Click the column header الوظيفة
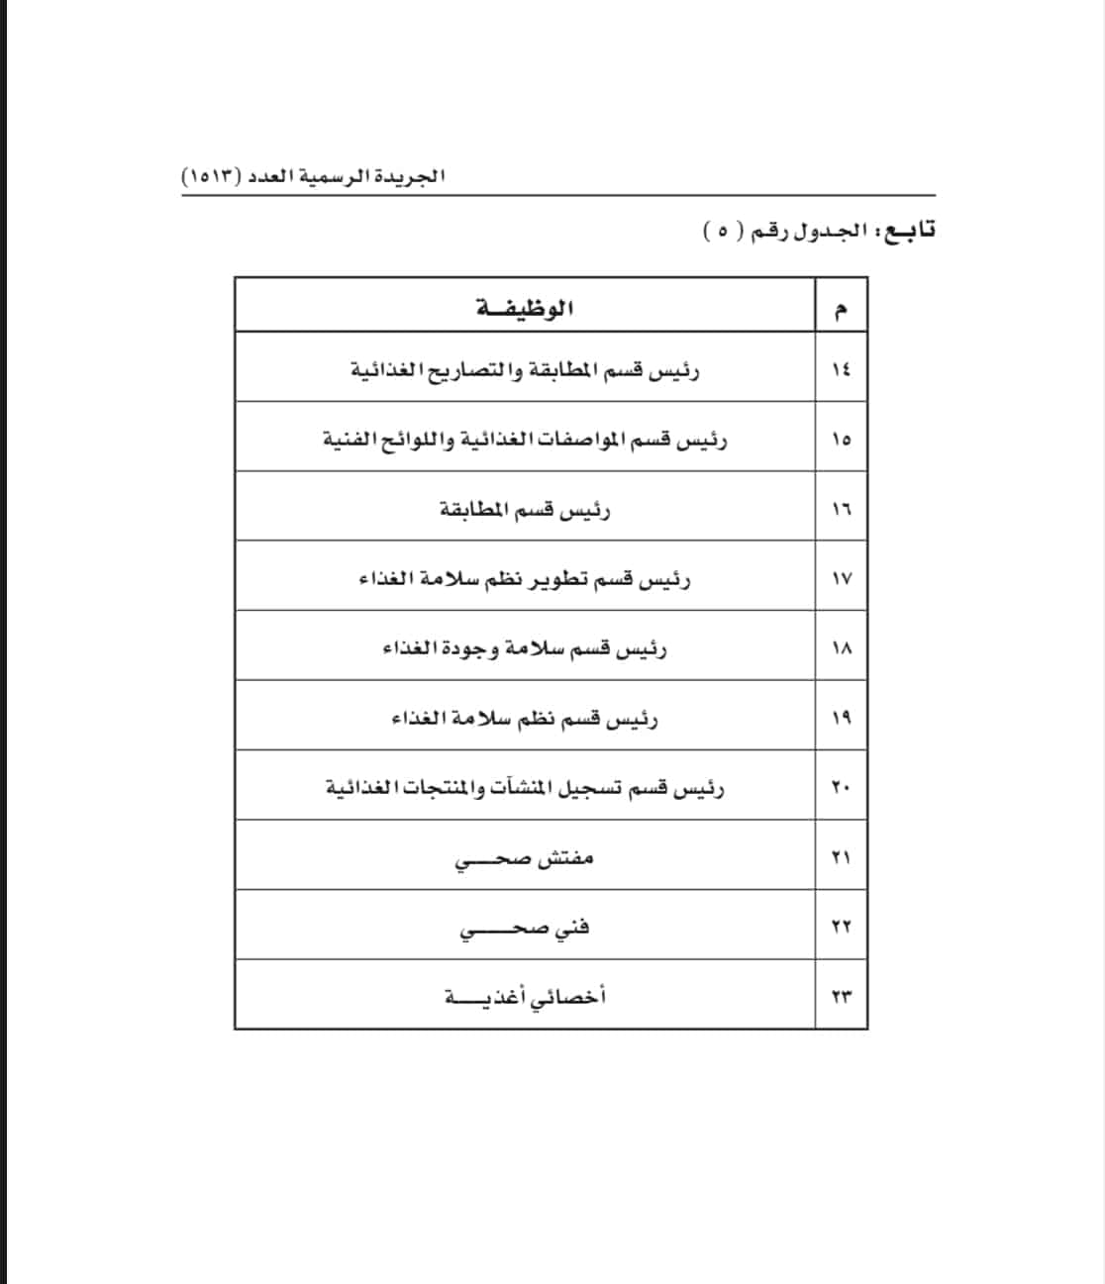click(x=525, y=308)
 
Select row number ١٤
click(x=841, y=369)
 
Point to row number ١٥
click(x=841, y=439)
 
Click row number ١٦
click(x=841, y=509)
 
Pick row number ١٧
click(x=841, y=578)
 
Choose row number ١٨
click(x=841, y=648)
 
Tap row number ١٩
click(x=841, y=718)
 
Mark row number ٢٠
click(x=841, y=787)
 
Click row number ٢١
click(x=841, y=857)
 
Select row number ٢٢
click(x=841, y=927)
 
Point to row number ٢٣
click(x=841, y=996)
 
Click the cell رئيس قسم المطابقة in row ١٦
click(x=525, y=510)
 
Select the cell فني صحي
click(x=525, y=929)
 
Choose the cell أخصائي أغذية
click(x=525, y=997)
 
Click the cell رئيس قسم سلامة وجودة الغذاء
click(x=525, y=649)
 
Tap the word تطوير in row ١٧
click(x=563, y=579)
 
